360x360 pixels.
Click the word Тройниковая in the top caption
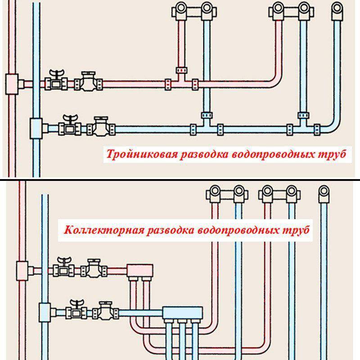(x=142, y=154)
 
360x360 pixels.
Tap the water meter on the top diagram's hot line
(x=88, y=82)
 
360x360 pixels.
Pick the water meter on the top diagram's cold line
(x=101, y=126)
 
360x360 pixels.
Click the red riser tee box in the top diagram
(x=12, y=84)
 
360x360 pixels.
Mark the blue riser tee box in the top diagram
(x=36, y=129)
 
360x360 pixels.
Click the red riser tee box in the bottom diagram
(x=22, y=271)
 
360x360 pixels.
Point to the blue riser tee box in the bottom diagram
(x=45, y=312)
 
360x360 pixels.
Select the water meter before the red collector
(x=94, y=268)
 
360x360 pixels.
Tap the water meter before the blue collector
(x=106, y=310)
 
